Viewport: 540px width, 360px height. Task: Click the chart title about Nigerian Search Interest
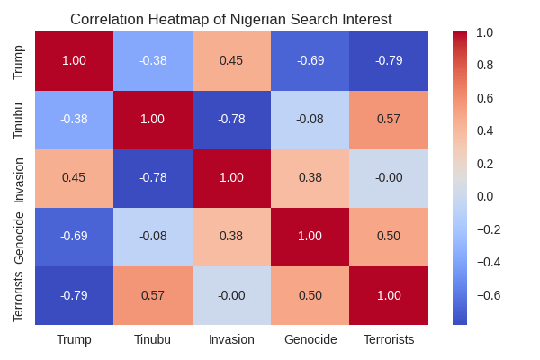click(x=231, y=20)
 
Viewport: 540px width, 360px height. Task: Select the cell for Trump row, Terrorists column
click(x=389, y=60)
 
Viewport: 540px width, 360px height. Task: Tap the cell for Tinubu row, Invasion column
click(x=231, y=119)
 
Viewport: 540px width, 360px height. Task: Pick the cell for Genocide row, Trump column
click(x=75, y=236)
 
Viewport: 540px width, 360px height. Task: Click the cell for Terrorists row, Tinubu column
click(x=153, y=294)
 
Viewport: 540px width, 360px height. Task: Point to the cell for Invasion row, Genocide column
click(x=310, y=177)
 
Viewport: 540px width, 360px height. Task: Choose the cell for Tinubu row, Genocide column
click(x=310, y=119)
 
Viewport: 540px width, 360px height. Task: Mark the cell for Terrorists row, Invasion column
click(x=231, y=294)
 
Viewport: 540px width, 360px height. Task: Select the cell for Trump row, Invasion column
click(x=231, y=60)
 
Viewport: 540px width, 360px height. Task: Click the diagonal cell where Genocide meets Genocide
click(x=310, y=236)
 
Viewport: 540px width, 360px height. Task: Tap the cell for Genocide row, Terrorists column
click(x=389, y=236)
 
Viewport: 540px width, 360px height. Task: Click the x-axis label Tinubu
click(x=152, y=339)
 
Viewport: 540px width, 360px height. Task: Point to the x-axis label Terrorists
click(x=389, y=339)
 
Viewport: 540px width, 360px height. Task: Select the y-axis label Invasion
click(x=19, y=177)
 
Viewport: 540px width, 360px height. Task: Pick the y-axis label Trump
click(x=19, y=60)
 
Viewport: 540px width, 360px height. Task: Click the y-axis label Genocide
click(x=19, y=236)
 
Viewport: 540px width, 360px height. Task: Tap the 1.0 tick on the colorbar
click(x=484, y=32)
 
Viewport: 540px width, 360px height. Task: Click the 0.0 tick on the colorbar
click(x=484, y=196)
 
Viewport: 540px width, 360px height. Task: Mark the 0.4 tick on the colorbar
click(x=484, y=130)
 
